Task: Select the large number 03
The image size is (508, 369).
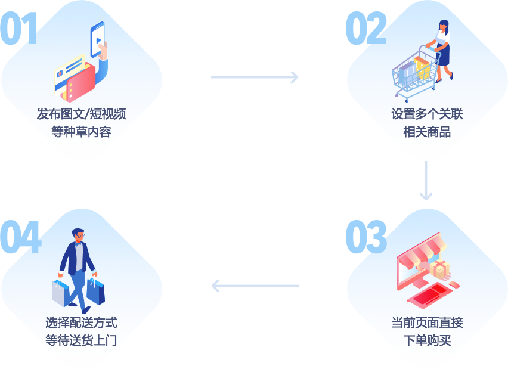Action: pyautogui.click(x=365, y=237)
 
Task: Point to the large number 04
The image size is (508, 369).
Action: pyautogui.click(x=21, y=237)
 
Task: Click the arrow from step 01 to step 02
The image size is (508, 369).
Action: pyautogui.click(x=255, y=77)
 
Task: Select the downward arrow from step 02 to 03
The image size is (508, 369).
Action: pyautogui.click(x=425, y=181)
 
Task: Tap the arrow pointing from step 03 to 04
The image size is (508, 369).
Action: pyautogui.click(x=255, y=286)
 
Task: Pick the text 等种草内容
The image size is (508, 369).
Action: pyautogui.click(x=81, y=132)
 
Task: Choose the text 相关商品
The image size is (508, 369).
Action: pyautogui.click(x=427, y=132)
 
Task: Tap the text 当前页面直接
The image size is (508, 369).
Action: pyautogui.click(x=427, y=323)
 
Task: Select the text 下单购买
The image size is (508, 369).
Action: pyautogui.click(x=427, y=341)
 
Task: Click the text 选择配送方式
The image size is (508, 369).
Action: pyautogui.click(x=81, y=323)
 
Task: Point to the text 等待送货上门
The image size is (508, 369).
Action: pyautogui.click(x=81, y=341)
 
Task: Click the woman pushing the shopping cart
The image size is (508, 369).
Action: pyautogui.click(x=442, y=51)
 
